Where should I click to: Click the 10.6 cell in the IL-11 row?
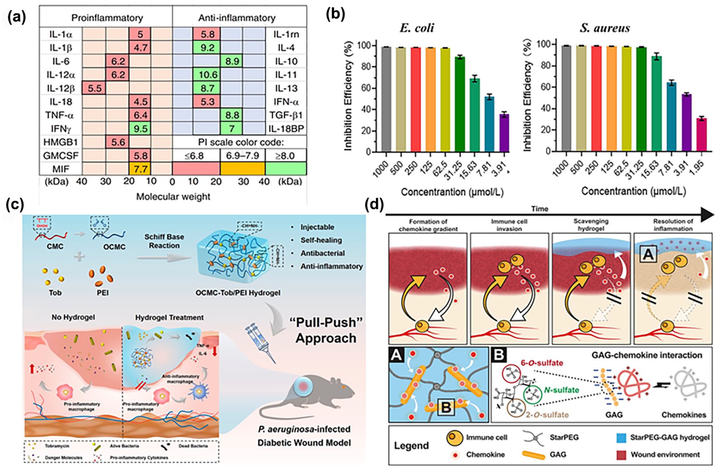click(207, 75)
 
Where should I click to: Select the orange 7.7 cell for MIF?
click(140, 169)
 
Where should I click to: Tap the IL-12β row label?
click(60, 88)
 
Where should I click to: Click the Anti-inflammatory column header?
click(237, 18)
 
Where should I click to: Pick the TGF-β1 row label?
click(286, 115)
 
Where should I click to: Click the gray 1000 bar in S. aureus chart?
click(566, 98)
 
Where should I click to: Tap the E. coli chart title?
click(417, 28)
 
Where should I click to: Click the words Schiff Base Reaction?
click(164, 241)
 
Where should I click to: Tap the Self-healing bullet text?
click(321, 240)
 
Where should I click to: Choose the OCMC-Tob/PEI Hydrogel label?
click(238, 293)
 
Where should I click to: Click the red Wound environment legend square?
click(621, 455)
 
